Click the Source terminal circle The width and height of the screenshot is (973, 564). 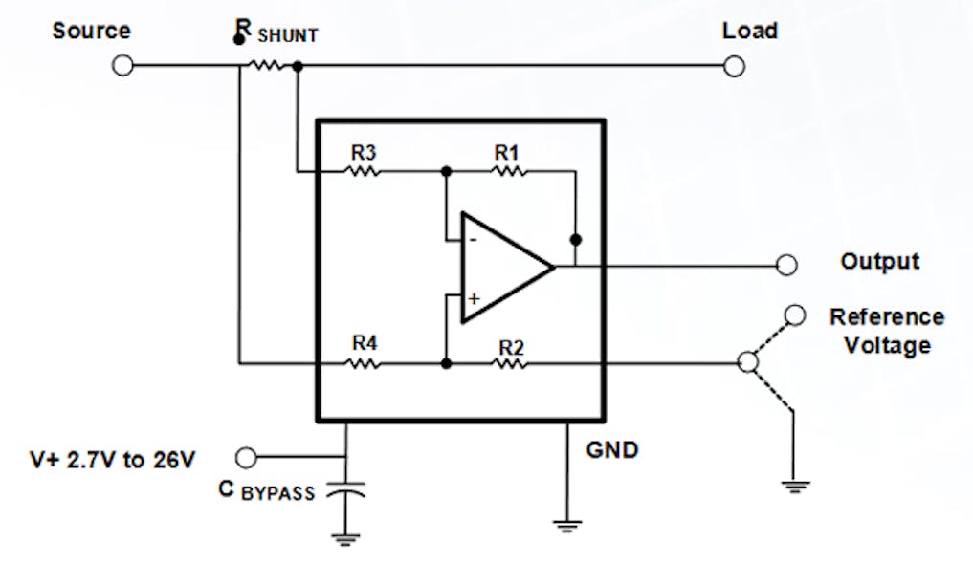122,66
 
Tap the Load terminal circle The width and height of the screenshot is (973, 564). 735,66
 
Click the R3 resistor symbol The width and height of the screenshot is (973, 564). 364,172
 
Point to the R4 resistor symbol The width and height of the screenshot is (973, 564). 364,363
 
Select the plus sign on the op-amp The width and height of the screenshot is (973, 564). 472,298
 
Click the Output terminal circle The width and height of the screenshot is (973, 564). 786,265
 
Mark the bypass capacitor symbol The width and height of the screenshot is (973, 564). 345,492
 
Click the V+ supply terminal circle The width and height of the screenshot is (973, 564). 247,457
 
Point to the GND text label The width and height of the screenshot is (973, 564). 612,447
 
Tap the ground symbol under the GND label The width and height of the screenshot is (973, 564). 567,523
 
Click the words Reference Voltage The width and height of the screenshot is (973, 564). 886,331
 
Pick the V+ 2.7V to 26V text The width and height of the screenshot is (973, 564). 113,460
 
